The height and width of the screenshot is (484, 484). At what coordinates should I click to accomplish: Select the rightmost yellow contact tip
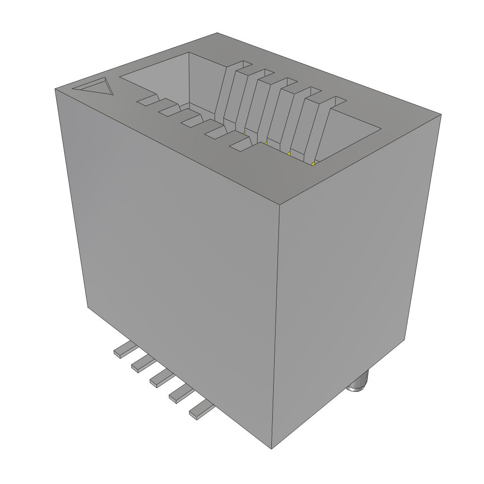pyautogui.click(x=313, y=163)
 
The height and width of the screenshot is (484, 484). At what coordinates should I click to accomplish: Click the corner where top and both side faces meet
pyautogui.click(x=279, y=205)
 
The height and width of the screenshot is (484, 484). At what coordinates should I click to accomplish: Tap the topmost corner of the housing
pyautogui.click(x=217, y=33)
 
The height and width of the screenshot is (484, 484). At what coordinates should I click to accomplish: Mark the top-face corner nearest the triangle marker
pyautogui.click(x=55, y=88)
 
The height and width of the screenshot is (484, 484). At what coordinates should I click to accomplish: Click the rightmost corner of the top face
pyautogui.click(x=441, y=114)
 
